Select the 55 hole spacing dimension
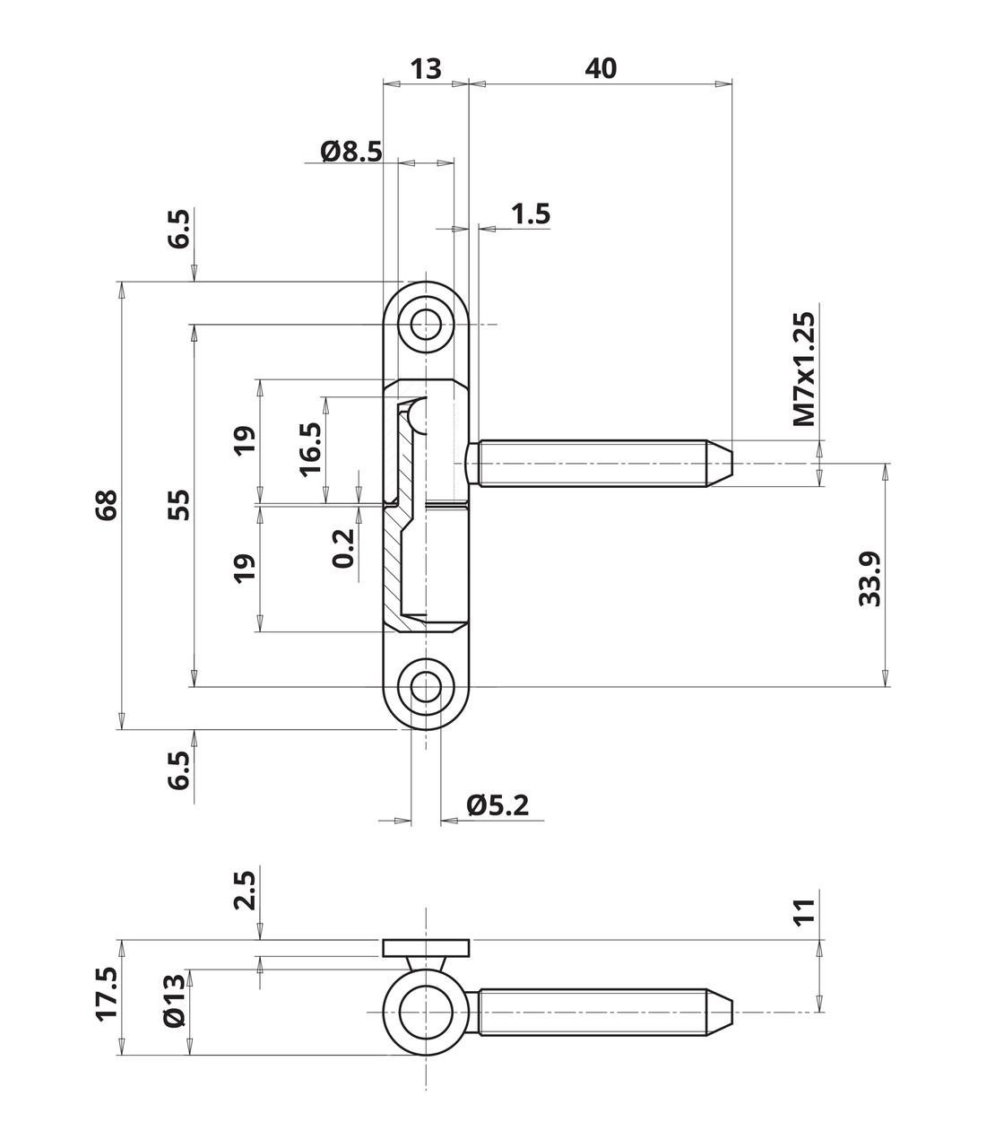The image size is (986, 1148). click(x=179, y=505)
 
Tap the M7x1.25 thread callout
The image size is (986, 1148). click(x=804, y=369)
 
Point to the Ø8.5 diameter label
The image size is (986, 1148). click(x=350, y=151)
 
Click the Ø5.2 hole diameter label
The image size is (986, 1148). click(x=497, y=805)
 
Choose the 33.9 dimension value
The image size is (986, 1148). click(x=870, y=578)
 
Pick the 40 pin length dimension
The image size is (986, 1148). click(x=601, y=68)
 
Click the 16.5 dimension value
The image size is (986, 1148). click(x=310, y=448)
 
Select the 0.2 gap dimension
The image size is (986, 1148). click(x=343, y=548)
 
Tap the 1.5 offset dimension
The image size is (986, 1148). click(x=530, y=214)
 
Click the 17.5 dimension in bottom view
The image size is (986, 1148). click(x=107, y=993)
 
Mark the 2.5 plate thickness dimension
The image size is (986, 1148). click(x=245, y=890)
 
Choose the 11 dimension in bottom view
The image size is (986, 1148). click(x=804, y=910)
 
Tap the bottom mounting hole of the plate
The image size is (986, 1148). click(x=427, y=687)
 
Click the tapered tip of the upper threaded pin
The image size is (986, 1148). click(x=722, y=464)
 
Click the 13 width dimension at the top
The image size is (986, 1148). click(x=427, y=68)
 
